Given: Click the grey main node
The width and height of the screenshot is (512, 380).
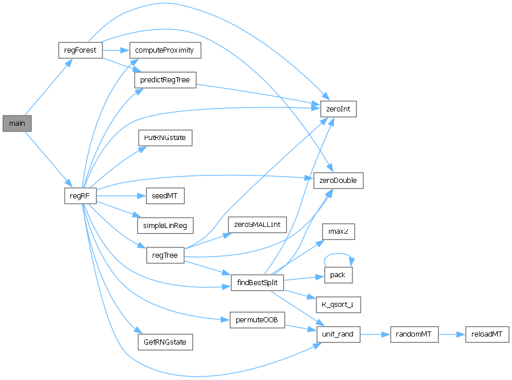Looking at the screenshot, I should click(17, 123).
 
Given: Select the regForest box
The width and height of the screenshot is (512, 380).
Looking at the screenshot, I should click(80, 50).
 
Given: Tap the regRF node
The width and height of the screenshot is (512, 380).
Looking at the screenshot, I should click(80, 196).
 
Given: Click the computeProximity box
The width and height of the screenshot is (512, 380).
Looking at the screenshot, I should click(165, 50).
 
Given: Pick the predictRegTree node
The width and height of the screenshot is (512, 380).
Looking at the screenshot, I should click(165, 79).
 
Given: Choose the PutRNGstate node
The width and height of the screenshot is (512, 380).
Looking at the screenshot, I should click(165, 138).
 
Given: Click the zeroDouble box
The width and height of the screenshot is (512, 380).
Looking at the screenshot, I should click(338, 181).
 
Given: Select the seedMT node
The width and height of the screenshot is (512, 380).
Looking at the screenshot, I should click(165, 196).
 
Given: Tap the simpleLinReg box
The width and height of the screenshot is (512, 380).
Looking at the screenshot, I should click(165, 225).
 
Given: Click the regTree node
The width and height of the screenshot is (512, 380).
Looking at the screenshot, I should click(165, 255).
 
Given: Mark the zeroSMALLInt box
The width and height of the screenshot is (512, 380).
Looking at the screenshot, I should click(257, 225).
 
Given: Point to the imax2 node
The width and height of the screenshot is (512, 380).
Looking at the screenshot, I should click(338, 231).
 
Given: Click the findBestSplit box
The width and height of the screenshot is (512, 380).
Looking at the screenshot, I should click(257, 283).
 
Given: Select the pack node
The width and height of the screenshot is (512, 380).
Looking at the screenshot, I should click(338, 275).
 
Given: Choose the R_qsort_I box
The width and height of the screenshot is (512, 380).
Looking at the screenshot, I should click(338, 304).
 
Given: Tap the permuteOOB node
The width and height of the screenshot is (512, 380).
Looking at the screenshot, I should click(257, 319).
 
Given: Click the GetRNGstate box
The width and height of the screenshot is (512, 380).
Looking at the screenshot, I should click(165, 342).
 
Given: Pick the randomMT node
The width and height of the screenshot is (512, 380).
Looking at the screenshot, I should click(414, 334).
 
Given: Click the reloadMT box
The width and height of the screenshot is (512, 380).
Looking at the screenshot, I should click(487, 334).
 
